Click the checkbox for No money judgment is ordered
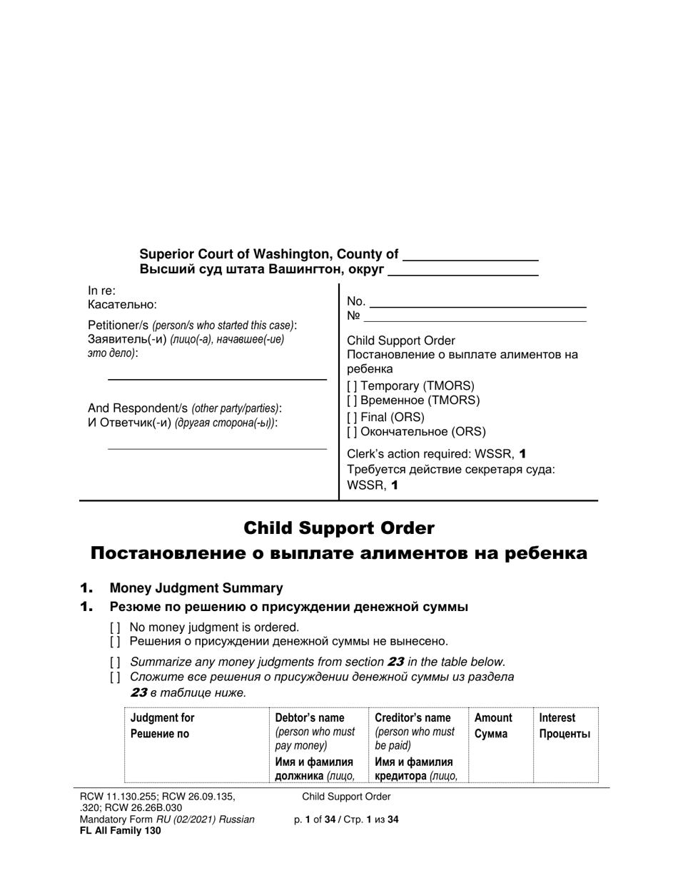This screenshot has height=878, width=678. click(x=115, y=627)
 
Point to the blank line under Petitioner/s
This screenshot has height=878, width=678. click(x=217, y=378)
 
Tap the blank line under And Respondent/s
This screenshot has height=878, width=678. click(x=217, y=448)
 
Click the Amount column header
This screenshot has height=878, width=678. click(x=493, y=718)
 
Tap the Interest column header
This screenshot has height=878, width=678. click(x=557, y=718)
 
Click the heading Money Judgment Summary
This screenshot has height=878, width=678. click(x=196, y=588)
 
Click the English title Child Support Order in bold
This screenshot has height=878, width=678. click(x=338, y=528)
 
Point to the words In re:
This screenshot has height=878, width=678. click(x=101, y=291)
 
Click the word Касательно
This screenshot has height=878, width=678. click(x=122, y=305)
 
